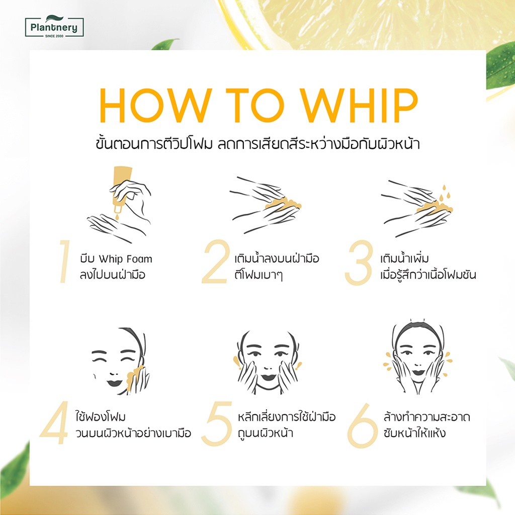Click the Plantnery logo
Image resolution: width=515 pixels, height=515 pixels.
click(54, 26)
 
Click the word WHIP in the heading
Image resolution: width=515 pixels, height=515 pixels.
click(360, 106)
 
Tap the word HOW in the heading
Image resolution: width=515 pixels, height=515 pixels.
click(155, 106)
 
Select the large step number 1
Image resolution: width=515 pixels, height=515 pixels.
click(65, 261)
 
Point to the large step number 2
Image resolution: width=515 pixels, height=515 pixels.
click(215, 262)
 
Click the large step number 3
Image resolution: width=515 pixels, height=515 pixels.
click(359, 263)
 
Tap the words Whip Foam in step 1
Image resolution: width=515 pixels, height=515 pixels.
click(125, 259)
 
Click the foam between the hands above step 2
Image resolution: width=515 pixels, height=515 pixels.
click(283, 205)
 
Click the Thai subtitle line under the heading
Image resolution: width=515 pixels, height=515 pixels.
click(258, 143)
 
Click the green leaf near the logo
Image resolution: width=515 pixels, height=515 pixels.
click(165, 44)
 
